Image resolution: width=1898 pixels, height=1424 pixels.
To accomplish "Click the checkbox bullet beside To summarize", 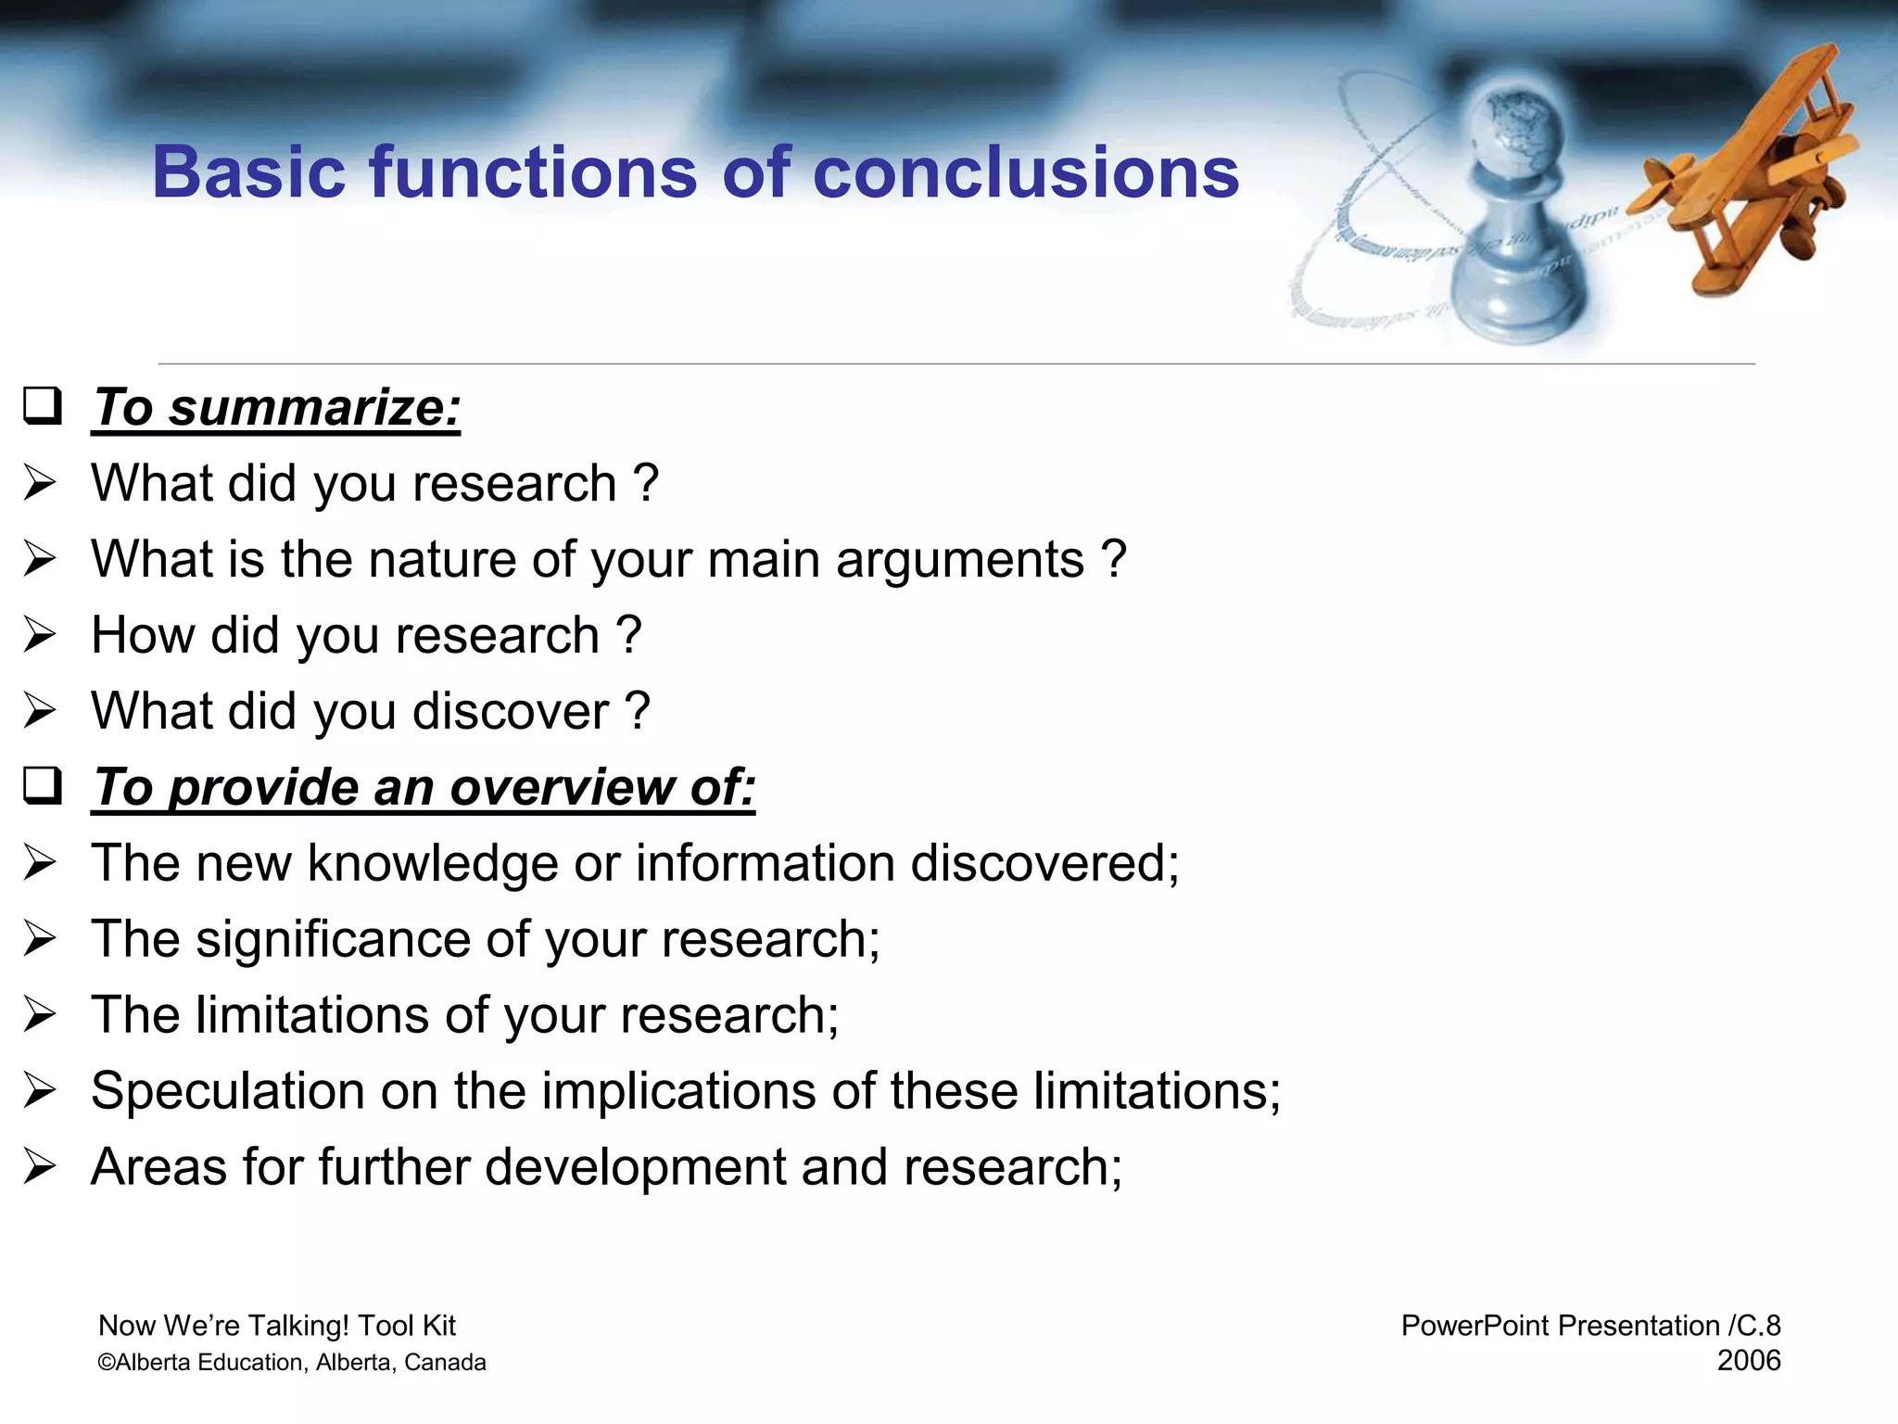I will tap(43, 406).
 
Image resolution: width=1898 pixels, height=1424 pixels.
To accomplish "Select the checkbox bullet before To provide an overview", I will tap(43, 786).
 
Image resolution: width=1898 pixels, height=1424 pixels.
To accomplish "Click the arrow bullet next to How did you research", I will tap(41, 635).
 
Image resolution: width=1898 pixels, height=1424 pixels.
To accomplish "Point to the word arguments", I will tap(959, 560).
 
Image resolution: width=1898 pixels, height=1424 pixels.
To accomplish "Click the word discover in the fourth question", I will tap(511, 712).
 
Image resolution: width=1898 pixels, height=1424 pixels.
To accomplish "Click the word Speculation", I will tap(227, 1092).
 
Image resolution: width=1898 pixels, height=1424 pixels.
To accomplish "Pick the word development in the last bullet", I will tap(635, 1167).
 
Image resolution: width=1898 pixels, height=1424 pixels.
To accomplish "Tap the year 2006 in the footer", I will tap(1748, 1361).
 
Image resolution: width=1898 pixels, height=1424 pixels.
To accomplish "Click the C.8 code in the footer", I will tap(1758, 1326).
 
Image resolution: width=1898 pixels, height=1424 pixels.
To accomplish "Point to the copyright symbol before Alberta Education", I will tap(106, 1363).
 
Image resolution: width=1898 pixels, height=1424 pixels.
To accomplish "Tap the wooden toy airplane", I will tap(1742, 176).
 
